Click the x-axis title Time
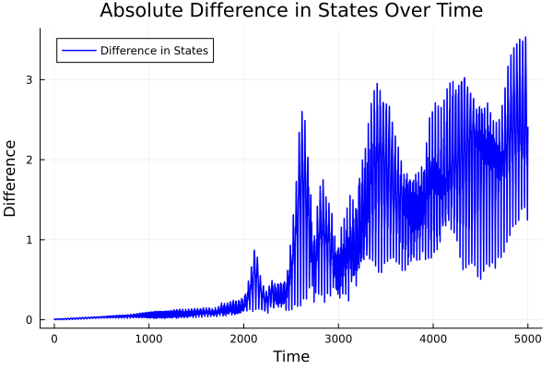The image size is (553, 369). tap(290, 356)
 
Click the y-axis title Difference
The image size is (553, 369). tap(11, 178)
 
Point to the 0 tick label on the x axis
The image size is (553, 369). tap(54, 339)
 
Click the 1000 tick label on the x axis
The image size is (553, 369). tap(149, 339)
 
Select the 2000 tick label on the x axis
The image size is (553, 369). tap(244, 339)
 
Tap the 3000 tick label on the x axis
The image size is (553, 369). tap(338, 339)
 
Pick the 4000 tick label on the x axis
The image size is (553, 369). tap(433, 339)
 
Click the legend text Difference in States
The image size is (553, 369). tap(154, 50)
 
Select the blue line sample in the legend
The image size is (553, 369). tap(77, 50)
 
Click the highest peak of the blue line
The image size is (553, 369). tap(525, 38)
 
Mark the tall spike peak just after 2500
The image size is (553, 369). tap(302, 112)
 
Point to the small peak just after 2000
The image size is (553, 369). tap(254, 250)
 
